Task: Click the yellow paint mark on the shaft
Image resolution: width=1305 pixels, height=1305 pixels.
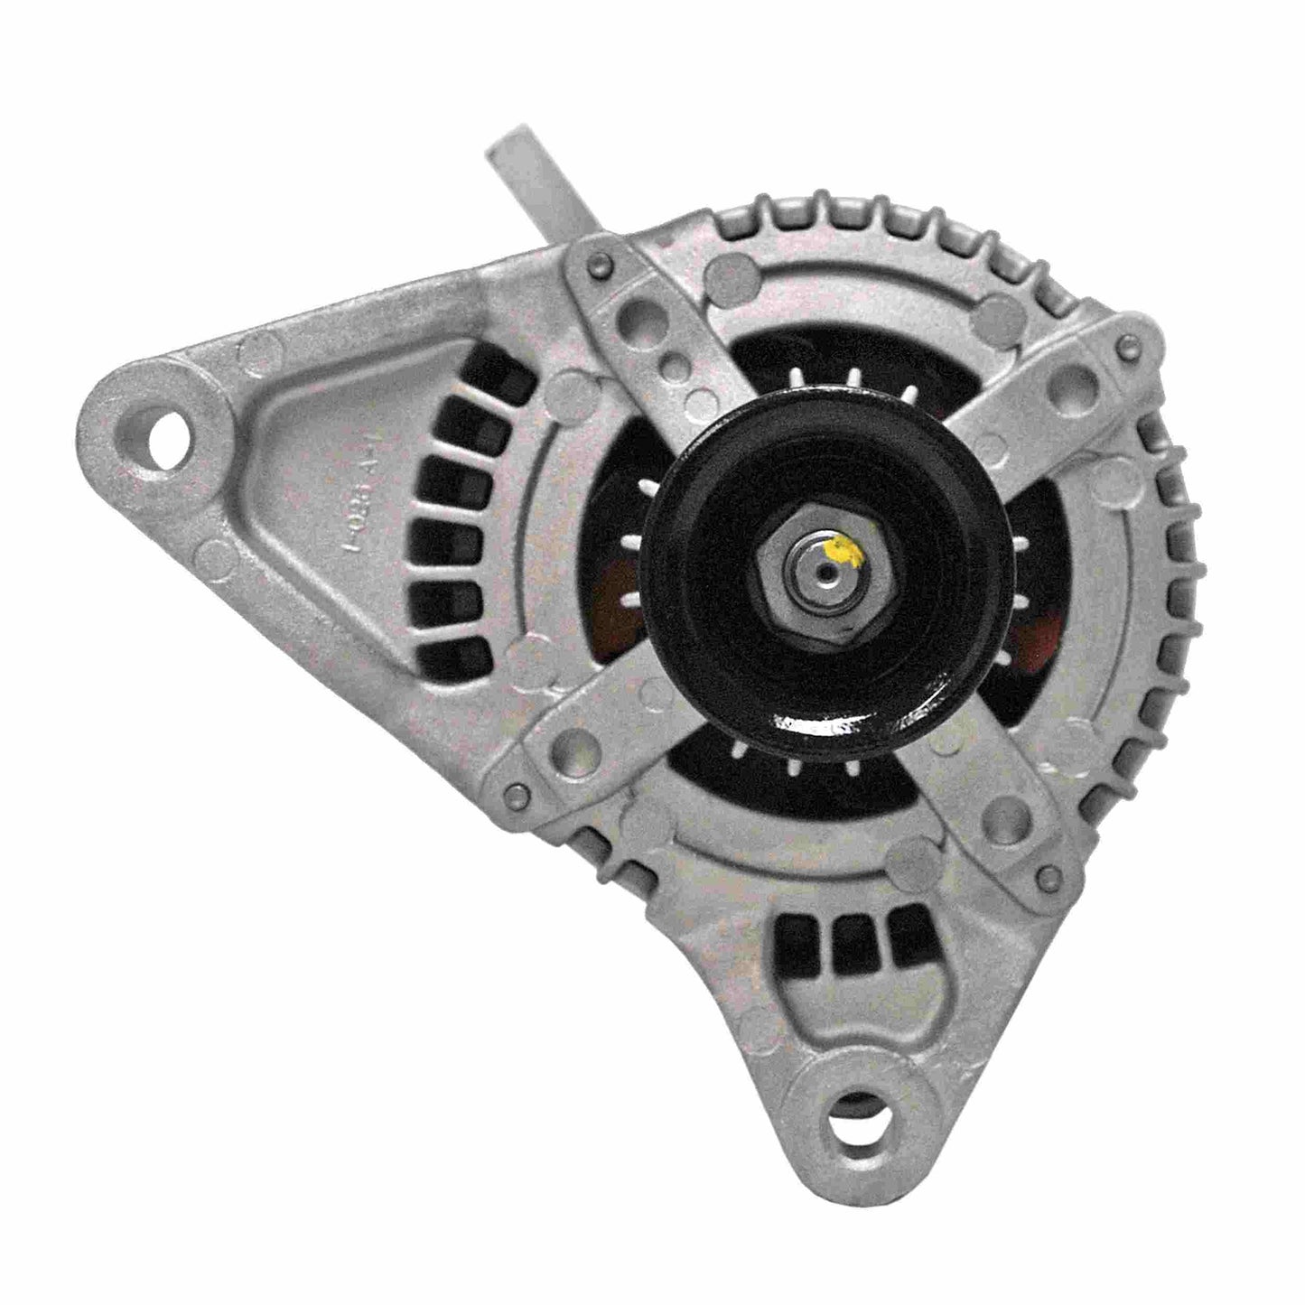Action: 845,550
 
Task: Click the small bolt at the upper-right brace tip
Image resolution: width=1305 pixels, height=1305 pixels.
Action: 1124,344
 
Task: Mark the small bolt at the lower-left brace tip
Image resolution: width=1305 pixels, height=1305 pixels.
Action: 517,796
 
